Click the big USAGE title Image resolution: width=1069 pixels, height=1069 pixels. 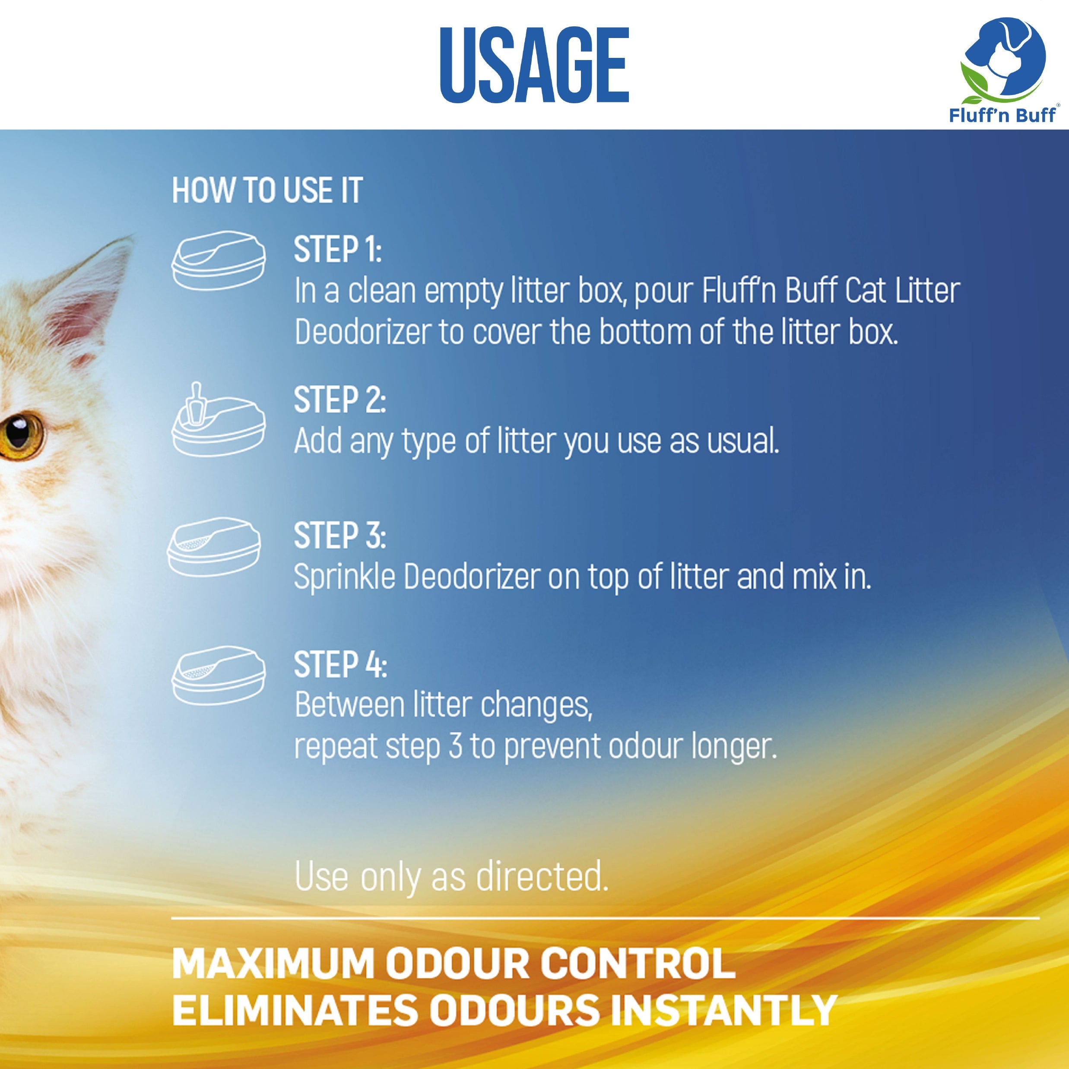pyautogui.click(x=535, y=65)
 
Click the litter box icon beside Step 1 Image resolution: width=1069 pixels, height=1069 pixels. pyautogui.click(x=219, y=260)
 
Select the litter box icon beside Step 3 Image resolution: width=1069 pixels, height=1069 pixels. pyautogui.click(x=214, y=547)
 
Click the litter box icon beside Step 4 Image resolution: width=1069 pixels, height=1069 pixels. pyautogui.click(x=219, y=676)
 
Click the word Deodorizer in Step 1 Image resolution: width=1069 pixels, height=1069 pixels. pyautogui.click(x=362, y=332)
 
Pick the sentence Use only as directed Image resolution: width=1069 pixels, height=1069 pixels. pyautogui.click(x=451, y=877)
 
